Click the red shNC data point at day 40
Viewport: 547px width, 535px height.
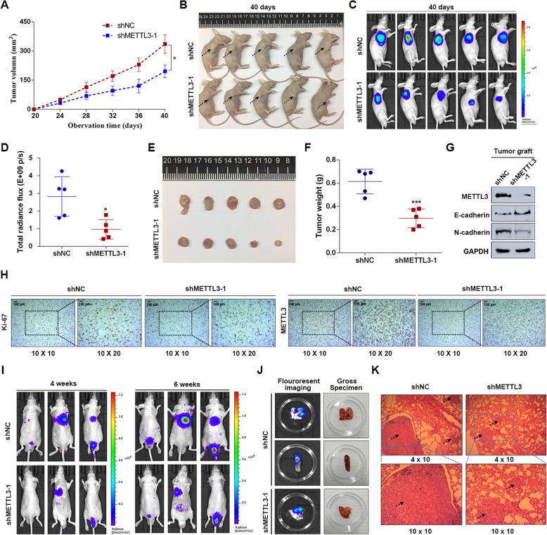click(x=165, y=44)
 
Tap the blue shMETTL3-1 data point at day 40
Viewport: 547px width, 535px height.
click(x=165, y=71)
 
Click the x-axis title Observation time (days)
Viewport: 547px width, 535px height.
click(x=96, y=124)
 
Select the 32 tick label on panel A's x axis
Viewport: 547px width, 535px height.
click(x=112, y=115)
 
